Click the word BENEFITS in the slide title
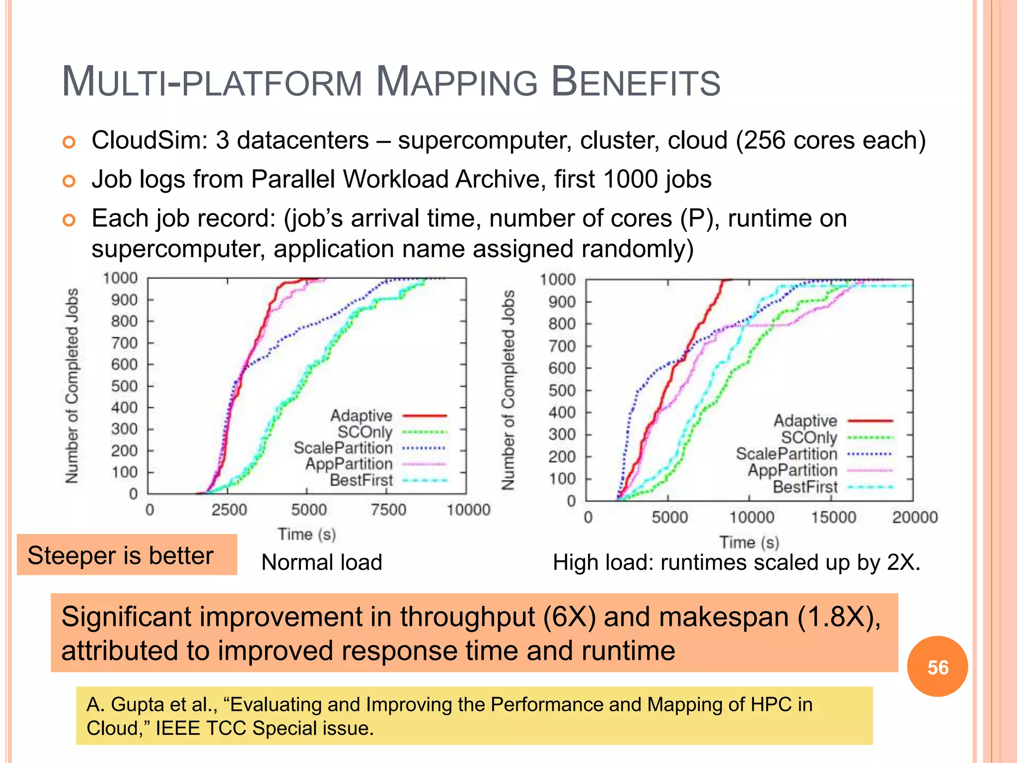[636, 82]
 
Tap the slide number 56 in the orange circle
[938, 667]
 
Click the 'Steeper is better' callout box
[127, 555]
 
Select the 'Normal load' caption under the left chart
[321, 562]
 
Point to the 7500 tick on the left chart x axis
[388, 510]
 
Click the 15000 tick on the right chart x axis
[833, 518]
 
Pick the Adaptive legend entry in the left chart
[362, 415]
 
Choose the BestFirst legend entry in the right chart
[805, 487]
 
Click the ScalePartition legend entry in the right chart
[786, 454]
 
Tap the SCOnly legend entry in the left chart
[365, 432]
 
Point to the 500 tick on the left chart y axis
[124, 386]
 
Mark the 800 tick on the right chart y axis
[562, 324]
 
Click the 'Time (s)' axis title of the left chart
[307, 534]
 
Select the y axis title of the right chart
[508, 390]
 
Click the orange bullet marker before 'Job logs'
[69, 181]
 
